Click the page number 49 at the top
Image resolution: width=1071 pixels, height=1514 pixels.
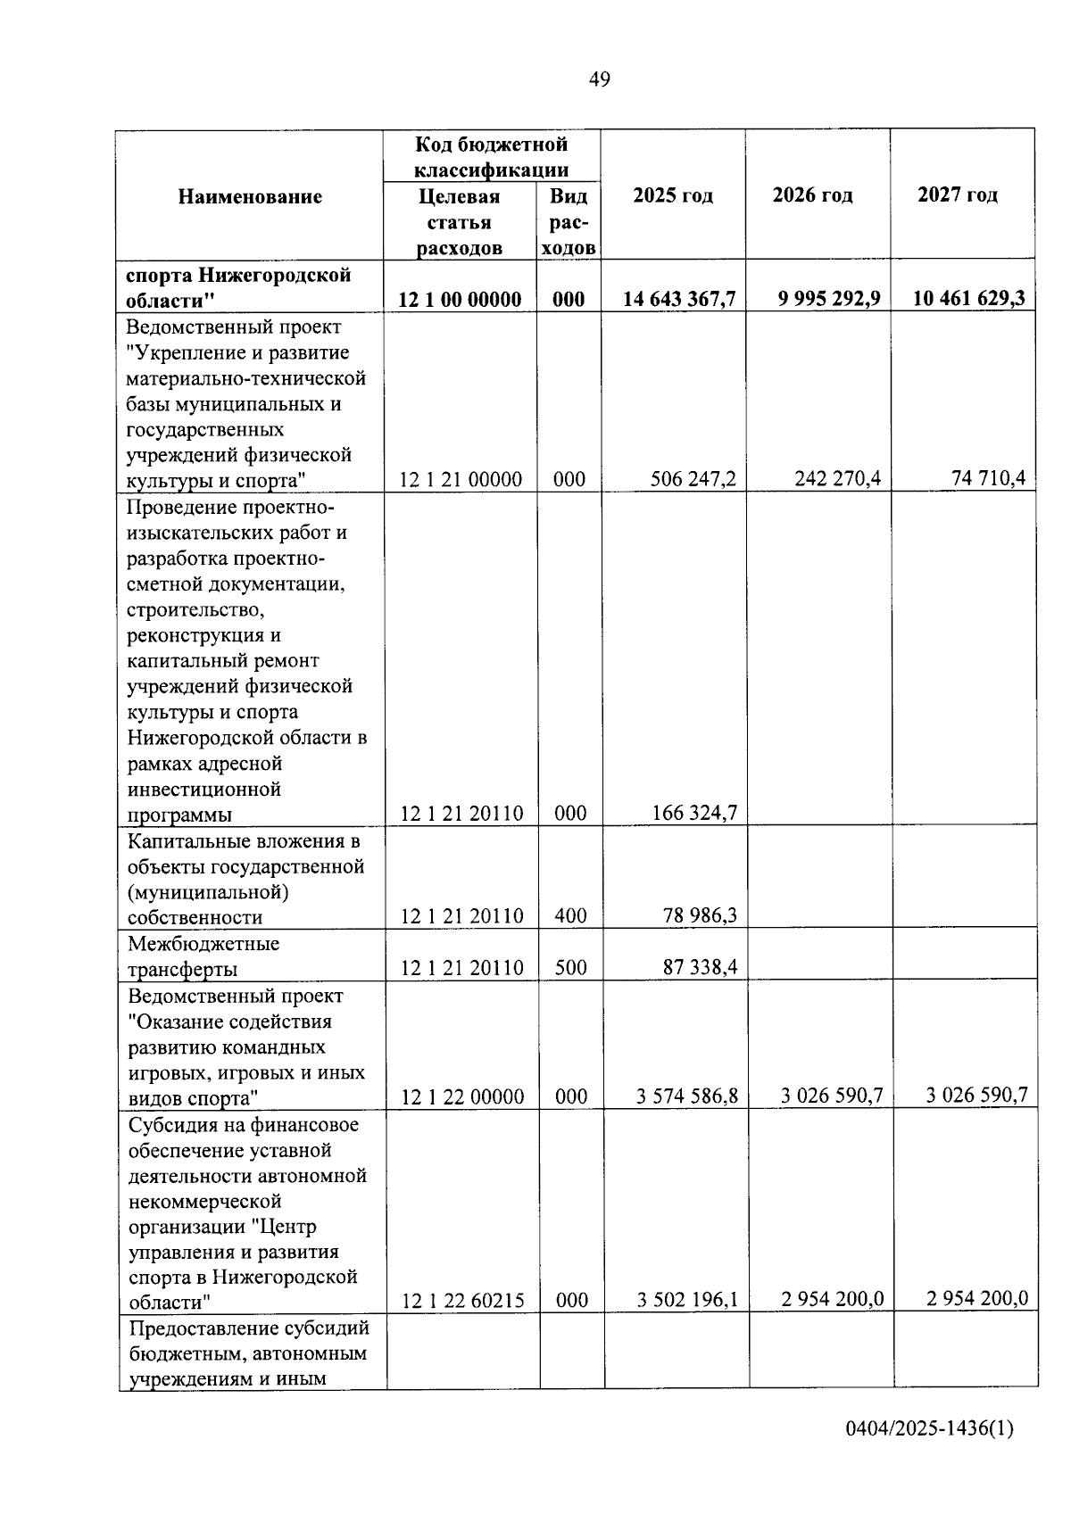(x=600, y=79)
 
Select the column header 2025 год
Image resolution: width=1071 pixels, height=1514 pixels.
(x=673, y=195)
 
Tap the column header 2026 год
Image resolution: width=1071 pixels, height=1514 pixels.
(x=812, y=194)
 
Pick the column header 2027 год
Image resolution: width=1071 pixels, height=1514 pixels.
(x=958, y=194)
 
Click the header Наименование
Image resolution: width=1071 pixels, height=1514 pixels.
(x=250, y=196)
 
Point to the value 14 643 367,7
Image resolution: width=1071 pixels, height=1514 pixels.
(x=679, y=299)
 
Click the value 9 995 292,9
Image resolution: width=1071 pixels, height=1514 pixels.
(x=829, y=298)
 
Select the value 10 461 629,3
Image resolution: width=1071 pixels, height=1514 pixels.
(x=968, y=298)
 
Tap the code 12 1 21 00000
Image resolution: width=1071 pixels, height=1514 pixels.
(x=461, y=479)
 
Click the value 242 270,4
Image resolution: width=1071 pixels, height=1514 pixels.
(x=837, y=478)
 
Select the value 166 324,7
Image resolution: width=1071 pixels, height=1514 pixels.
(x=694, y=813)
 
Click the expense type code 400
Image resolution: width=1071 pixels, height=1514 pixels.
(x=570, y=915)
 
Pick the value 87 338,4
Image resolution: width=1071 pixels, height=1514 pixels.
(x=700, y=967)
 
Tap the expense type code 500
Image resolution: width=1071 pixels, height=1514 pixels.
(x=570, y=967)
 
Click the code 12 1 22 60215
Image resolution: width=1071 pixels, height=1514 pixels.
(x=463, y=1301)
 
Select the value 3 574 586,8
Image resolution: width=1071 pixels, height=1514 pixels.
(x=687, y=1096)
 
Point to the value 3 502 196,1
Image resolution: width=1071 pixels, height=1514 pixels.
(x=687, y=1299)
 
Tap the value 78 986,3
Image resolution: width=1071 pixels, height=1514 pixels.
(x=700, y=915)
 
